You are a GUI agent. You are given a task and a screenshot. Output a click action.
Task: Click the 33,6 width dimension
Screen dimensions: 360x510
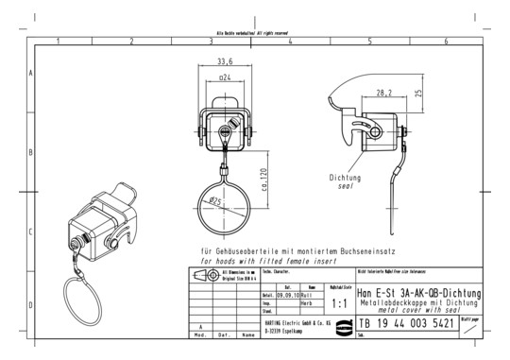coord(225,63)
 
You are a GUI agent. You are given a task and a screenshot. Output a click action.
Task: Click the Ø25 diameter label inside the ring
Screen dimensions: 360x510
coord(215,202)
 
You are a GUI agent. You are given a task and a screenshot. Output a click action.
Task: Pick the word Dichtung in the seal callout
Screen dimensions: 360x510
coord(345,177)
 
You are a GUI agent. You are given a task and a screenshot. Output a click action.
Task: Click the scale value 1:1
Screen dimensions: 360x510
coord(341,304)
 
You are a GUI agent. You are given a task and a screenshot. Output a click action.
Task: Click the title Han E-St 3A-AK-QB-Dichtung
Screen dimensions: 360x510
coord(418,294)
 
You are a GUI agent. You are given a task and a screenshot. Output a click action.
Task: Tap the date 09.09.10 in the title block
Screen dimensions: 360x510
coord(288,295)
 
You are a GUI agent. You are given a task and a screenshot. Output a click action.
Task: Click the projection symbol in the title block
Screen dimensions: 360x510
coord(201,274)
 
